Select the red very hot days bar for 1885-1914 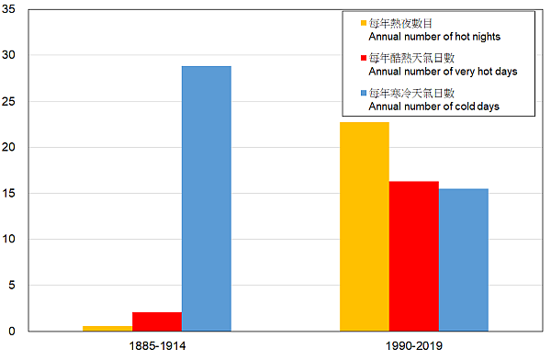click(x=157, y=321)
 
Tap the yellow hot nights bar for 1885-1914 click(x=107, y=328)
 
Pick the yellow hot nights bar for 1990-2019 click(x=365, y=226)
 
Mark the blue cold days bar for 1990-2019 click(x=464, y=259)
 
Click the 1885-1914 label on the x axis click(x=157, y=346)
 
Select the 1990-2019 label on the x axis click(x=414, y=346)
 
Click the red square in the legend click(x=363, y=59)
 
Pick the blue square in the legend click(x=363, y=94)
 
